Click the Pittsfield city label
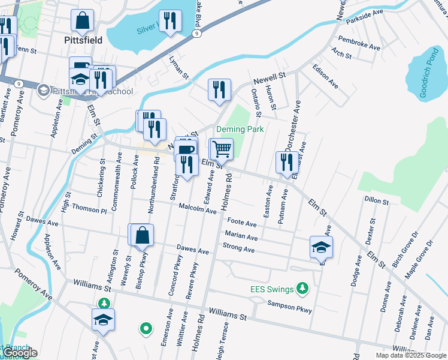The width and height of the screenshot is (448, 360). (x=83, y=40)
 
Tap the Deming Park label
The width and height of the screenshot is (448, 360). (x=240, y=129)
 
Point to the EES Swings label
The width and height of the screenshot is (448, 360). (x=272, y=289)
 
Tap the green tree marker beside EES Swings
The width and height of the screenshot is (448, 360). (x=303, y=289)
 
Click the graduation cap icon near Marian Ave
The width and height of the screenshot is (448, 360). (x=321, y=246)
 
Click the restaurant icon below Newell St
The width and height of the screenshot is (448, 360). (x=219, y=89)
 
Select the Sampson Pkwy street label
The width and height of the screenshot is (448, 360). (x=290, y=307)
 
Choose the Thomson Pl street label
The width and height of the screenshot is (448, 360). (x=89, y=208)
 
